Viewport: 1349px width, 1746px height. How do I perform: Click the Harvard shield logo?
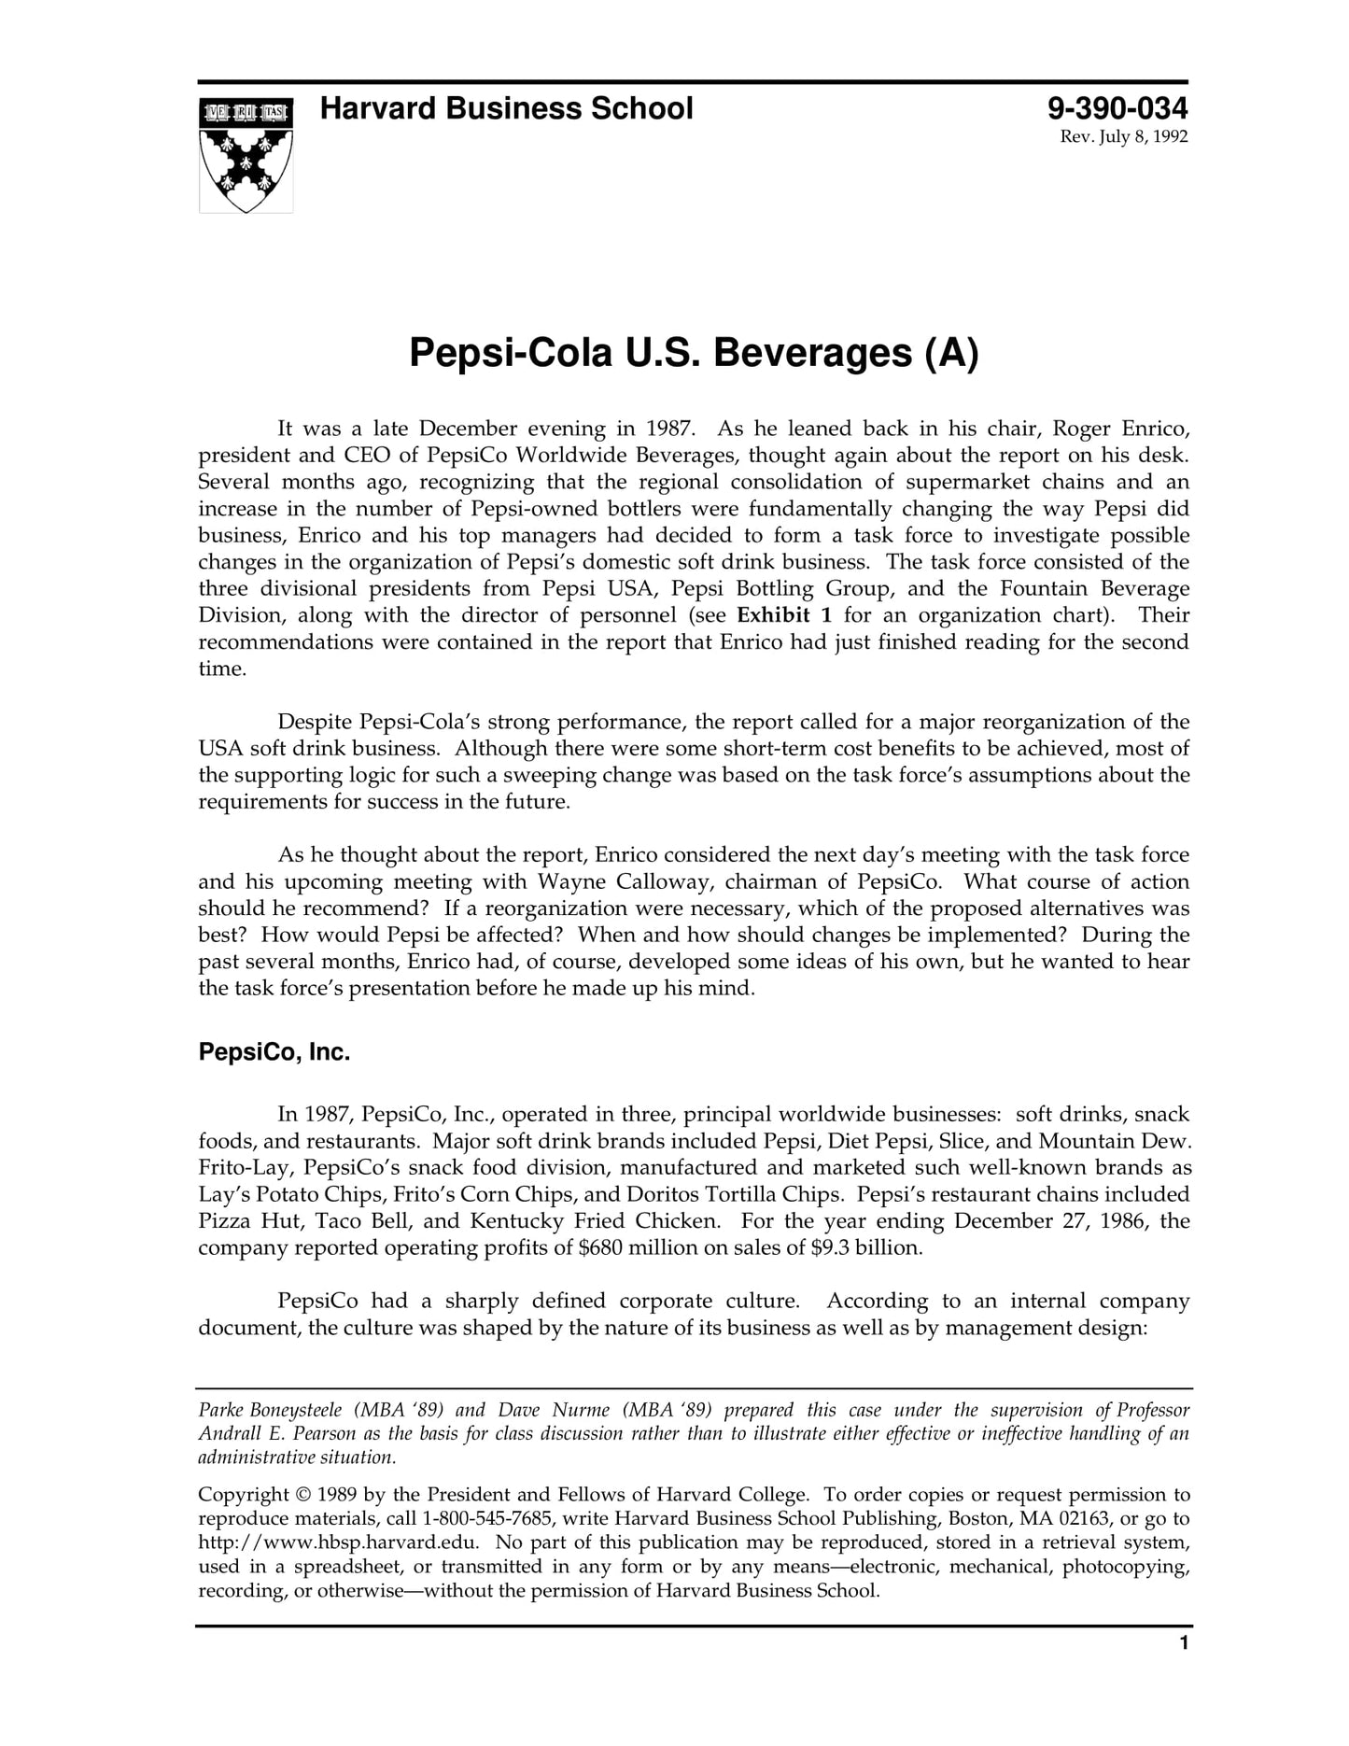click(246, 155)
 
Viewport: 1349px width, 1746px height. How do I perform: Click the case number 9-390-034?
click(1117, 109)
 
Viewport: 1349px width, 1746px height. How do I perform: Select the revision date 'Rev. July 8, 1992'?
click(1123, 137)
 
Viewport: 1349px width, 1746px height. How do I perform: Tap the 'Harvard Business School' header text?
click(506, 109)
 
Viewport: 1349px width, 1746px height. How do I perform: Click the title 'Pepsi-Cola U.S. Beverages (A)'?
click(694, 353)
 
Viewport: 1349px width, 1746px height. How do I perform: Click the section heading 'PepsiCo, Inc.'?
click(274, 1052)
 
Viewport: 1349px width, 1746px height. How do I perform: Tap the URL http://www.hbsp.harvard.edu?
click(339, 1542)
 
